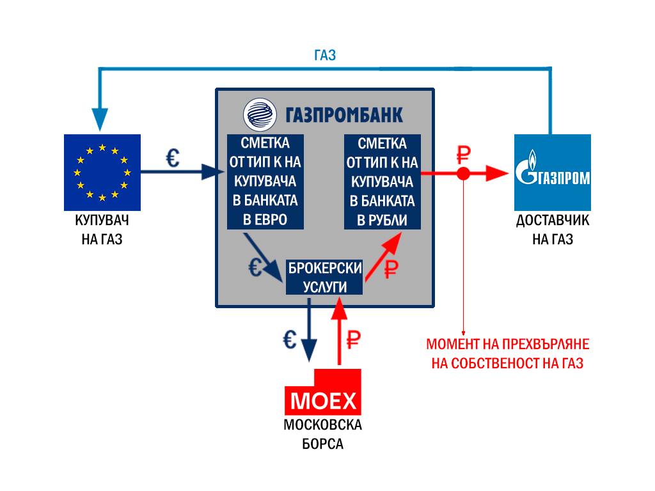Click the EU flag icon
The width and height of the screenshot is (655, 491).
(x=102, y=173)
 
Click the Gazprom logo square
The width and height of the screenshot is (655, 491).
(x=553, y=173)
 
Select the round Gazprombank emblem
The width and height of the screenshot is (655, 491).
(x=259, y=115)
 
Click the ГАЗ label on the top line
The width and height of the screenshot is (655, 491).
(x=325, y=56)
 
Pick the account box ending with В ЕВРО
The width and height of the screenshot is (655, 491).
(x=265, y=182)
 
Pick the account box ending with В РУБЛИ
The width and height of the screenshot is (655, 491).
(x=382, y=182)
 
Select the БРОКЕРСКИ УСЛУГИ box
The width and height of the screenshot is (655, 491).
(x=324, y=277)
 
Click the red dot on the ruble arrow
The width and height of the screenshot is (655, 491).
(x=464, y=173)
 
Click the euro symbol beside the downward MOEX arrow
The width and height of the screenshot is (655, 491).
(x=289, y=339)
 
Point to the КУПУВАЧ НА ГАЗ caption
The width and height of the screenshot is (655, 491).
(x=102, y=231)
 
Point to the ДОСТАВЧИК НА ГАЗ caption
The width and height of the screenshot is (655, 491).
(x=553, y=231)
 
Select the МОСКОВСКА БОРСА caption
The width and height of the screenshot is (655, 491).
(x=323, y=434)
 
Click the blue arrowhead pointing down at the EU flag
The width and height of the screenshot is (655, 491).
(x=100, y=121)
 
